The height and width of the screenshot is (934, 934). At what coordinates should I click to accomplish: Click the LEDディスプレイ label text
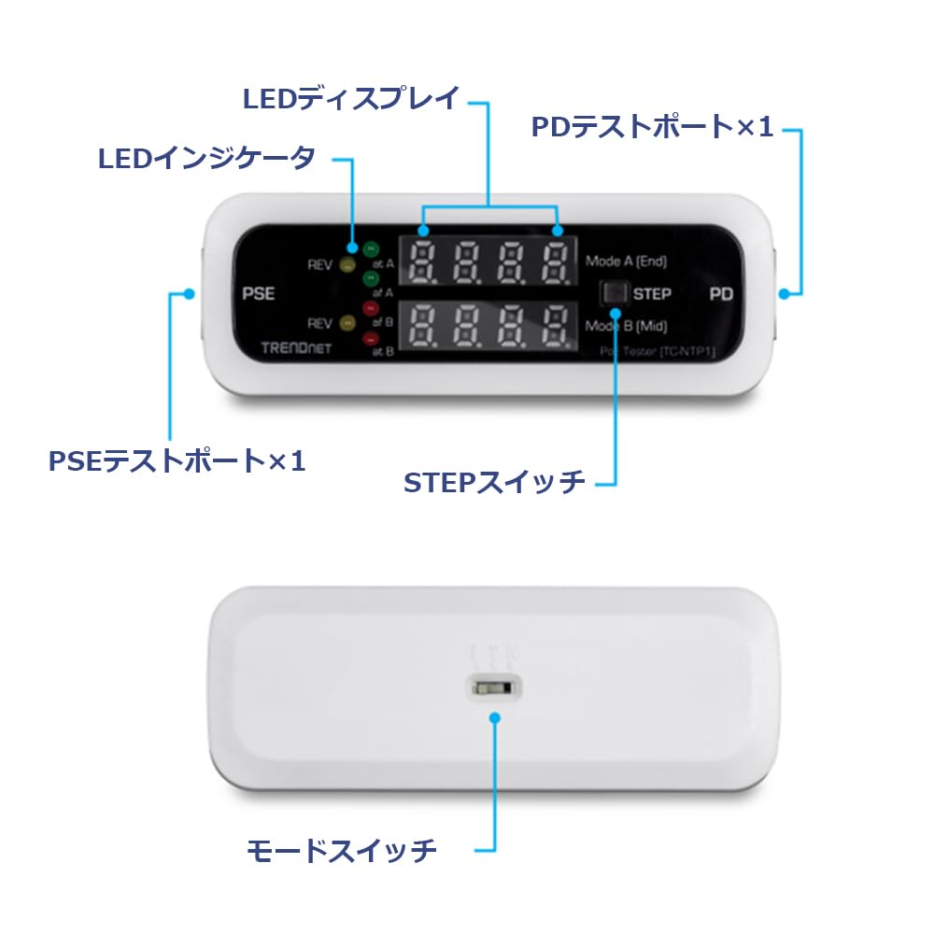tap(351, 98)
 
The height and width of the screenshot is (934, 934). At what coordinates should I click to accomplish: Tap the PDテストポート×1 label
tap(652, 127)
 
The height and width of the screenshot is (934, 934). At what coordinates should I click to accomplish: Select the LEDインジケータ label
tap(207, 158)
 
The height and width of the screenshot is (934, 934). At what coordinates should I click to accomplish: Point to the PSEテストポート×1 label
tap(177, 460)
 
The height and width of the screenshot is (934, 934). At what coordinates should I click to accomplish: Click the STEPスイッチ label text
tap(494, 482)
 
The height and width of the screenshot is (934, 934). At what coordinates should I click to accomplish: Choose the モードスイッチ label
tap(342, 850)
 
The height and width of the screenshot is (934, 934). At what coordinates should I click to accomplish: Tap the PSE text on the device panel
tap(258, 293)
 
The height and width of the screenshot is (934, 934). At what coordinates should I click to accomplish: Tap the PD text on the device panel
tap(721, 293)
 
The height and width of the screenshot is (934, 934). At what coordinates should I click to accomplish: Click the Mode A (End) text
tap(626, 262)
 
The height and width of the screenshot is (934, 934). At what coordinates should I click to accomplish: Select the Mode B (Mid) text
tap(626, 326)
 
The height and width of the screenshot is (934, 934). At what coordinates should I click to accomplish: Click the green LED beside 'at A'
tap(371, 250)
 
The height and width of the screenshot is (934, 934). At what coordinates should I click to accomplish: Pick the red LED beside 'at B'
tap(371, 338)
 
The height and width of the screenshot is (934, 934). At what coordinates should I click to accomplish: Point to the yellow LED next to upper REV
tap(347, 265)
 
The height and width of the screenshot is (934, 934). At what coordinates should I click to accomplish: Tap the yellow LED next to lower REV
tap(347, 323)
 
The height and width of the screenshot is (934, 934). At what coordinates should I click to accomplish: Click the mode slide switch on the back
tap(491, 687)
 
